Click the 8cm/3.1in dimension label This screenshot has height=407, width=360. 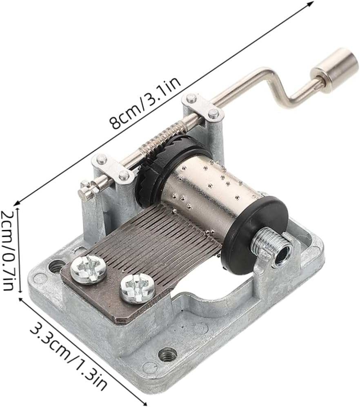click(145, 104)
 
